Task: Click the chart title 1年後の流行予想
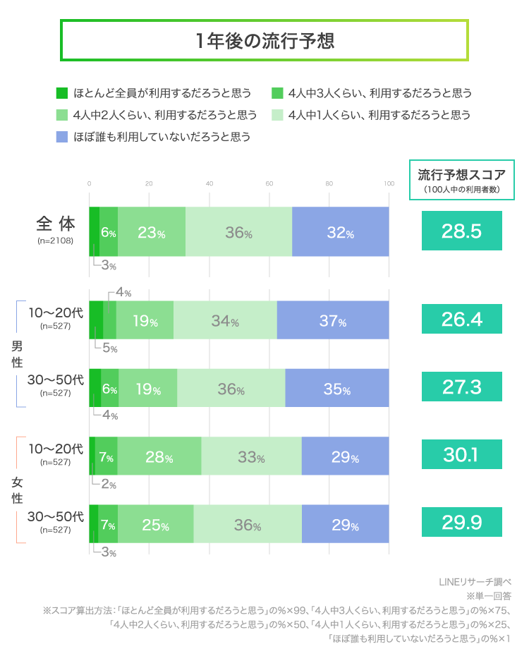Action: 264,41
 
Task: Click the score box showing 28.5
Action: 462,231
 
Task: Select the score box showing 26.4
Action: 462,320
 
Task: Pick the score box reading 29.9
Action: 462,523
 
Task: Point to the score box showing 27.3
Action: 462,387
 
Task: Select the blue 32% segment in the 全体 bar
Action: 341,232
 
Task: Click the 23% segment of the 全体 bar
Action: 152,232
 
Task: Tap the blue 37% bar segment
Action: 333,320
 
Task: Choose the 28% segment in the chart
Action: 159,456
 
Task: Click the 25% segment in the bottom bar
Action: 155,524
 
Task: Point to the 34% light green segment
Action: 225,320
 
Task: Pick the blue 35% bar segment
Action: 337,388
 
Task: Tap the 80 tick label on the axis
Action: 329,184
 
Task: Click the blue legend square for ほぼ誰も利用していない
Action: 61,136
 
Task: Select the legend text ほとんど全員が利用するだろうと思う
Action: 162,92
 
